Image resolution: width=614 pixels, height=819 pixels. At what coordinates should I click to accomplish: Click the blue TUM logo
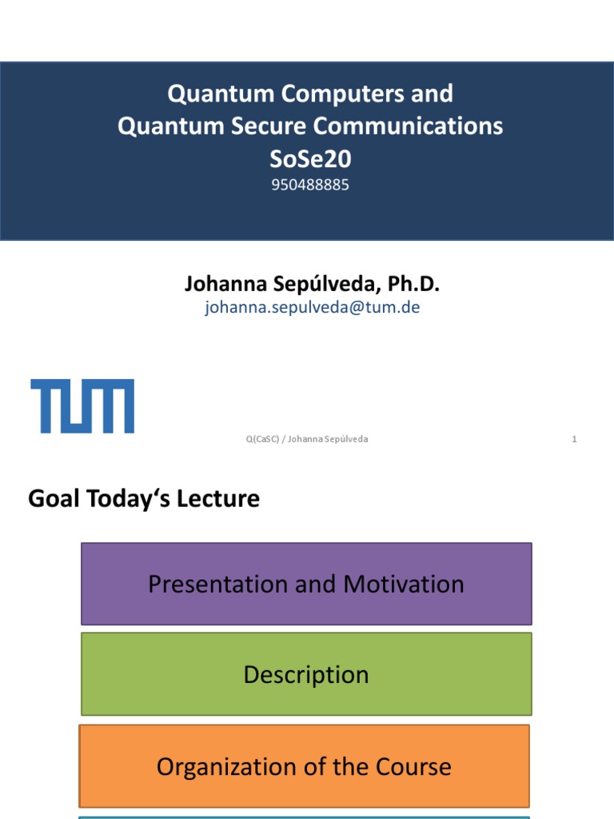click(x=82, y=406)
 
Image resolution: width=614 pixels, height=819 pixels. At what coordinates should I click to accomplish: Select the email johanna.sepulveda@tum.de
click(x=312, y=307)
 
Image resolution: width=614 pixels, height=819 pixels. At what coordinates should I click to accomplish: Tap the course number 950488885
click(x=310, y=185)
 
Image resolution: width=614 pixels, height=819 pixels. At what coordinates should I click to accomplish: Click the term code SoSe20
click(x=310, y=159)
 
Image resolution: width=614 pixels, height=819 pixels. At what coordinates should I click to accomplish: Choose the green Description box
click(x=306, y=674)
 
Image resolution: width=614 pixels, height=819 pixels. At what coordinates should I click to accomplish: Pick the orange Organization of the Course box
click(x=304, y=766)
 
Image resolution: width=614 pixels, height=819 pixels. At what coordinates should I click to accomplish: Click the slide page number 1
click(x=574, y=439)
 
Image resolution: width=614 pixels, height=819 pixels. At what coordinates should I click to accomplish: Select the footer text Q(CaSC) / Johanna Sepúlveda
click(x=307, y=439)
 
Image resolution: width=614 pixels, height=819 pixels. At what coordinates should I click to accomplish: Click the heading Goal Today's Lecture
click(x=144, y=499)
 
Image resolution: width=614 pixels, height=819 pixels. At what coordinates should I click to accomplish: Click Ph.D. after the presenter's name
click(x=413, y=284)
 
